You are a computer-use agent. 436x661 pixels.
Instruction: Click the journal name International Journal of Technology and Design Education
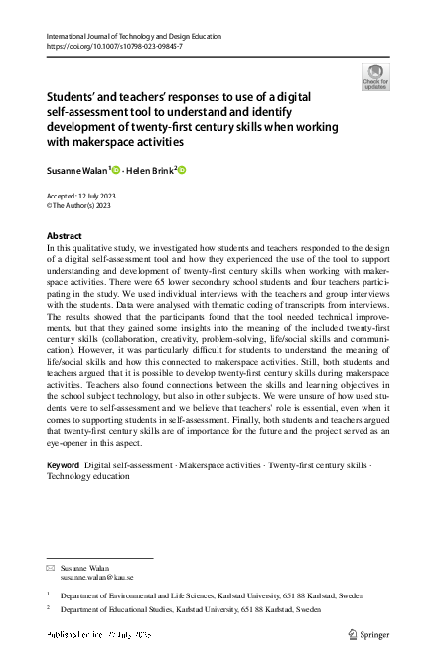tap(134, 37)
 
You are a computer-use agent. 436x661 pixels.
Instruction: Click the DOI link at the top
tap(114, 47)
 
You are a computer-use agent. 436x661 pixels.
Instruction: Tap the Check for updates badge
tap(375, 76)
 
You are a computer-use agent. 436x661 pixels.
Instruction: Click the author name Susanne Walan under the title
tap(77, 170)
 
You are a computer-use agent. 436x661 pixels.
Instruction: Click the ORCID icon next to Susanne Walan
tap(116, 170)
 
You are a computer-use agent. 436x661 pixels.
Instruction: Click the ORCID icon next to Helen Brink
tap(182, 170)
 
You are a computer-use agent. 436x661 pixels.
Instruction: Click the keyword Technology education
tap(88, 476)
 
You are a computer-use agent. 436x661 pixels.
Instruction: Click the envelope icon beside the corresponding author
tap(51, 567)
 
